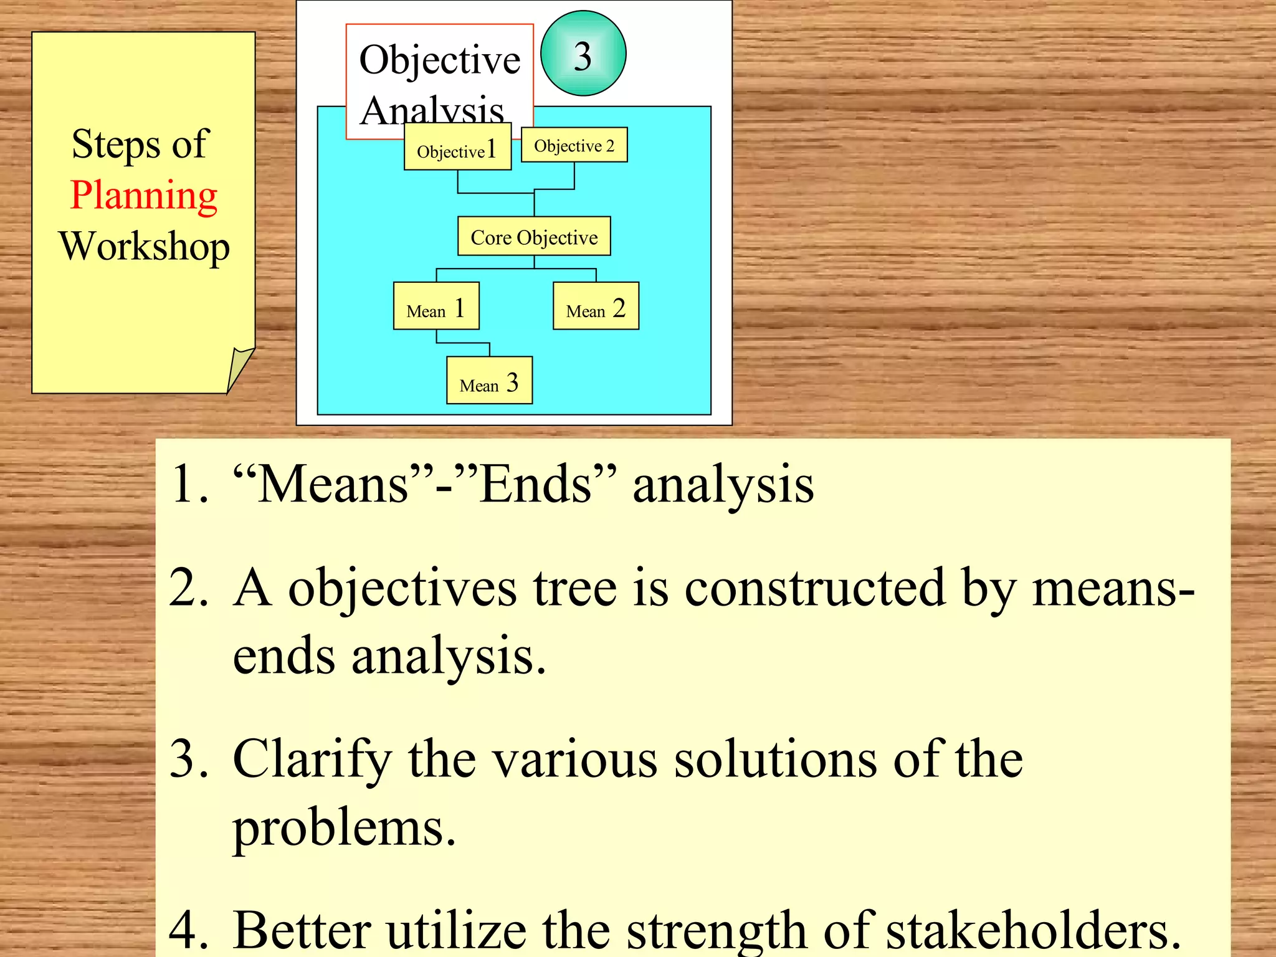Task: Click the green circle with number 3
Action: click(583, 54)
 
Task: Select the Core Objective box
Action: click(534, 237)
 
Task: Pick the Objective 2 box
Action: click(574, 145)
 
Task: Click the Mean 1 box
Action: click(436, 306)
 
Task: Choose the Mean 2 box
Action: click(596, 306)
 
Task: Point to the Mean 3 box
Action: click(489, 381)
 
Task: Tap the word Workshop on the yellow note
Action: click(144, 247)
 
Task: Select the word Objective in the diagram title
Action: click(440, 60)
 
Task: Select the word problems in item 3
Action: click(345, 829)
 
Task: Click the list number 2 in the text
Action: click(188, 589)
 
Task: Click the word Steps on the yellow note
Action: click(116, 145)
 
